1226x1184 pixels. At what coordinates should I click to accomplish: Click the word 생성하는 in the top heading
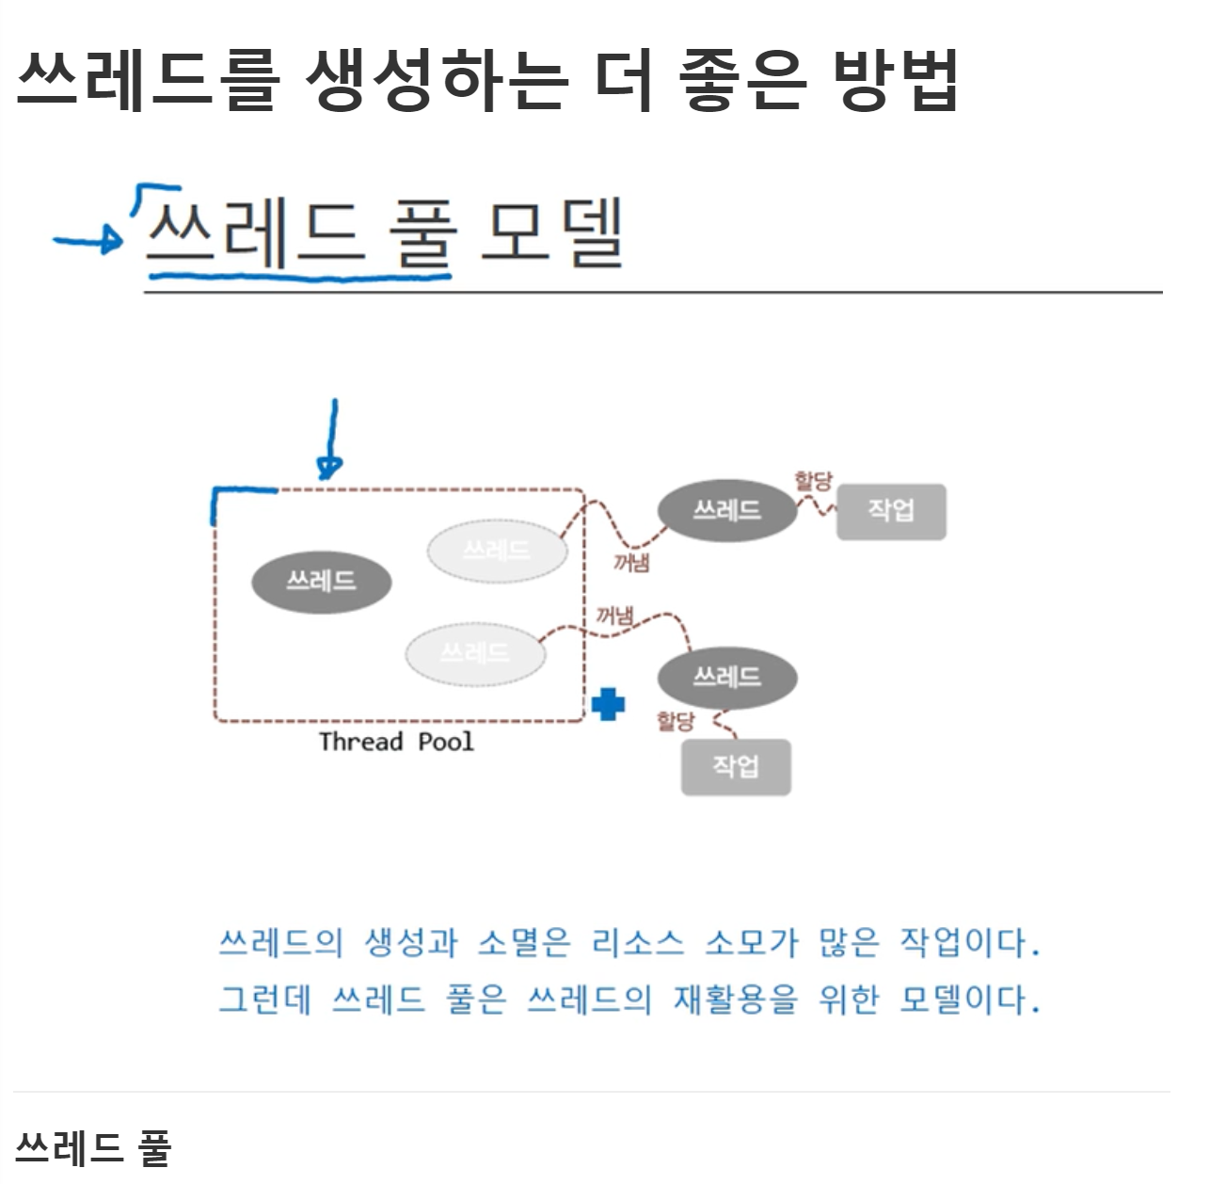click(437, 79)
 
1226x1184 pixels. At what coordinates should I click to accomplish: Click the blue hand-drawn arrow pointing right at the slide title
click(88, 241)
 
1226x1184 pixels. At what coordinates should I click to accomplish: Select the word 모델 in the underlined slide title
click(552, 232)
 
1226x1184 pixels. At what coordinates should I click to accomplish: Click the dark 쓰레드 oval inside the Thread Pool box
click(321, 582)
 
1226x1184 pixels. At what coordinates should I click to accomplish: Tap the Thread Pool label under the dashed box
click(396, 742)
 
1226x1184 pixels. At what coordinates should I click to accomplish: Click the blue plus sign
click(608, 704)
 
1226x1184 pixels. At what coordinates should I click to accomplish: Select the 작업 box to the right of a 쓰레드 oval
click(891, 511)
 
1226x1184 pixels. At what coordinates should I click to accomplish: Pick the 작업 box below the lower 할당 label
click(736, 767)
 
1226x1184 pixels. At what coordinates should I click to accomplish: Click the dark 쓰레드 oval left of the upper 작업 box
click(726, 511)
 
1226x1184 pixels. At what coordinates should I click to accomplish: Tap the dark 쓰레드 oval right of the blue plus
click(726, 677)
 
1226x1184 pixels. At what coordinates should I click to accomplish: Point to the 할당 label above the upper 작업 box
click(813, 481)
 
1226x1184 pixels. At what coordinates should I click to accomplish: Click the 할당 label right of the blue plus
click(676, 721)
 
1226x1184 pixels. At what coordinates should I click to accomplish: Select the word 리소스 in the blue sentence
click(637, 942)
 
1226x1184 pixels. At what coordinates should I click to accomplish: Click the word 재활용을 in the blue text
click(735, 999)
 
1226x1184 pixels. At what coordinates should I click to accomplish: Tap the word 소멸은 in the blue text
click(523, 942)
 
